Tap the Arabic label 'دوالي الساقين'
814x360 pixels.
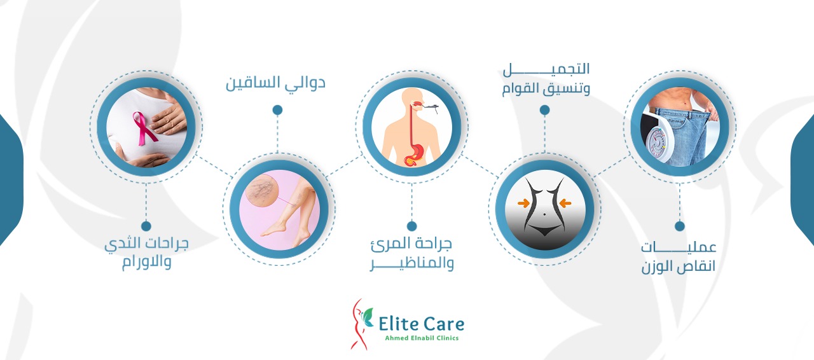(275, 83)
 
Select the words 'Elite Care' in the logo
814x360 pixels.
(421, 324)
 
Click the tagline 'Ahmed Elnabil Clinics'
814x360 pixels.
(422, 338)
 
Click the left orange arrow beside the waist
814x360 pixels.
(523, 203)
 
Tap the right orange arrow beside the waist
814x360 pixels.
(565, 203)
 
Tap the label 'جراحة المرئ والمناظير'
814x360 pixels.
(411, 253)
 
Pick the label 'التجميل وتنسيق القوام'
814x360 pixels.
(546, 80)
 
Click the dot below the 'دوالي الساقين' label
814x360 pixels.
(278, 110)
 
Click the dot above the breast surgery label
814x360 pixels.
(146, 226)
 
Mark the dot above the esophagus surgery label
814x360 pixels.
(411, 226)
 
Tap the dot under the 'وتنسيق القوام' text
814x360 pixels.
(544, 110)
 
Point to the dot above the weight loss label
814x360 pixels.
(680, 226)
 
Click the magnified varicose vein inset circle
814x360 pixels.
(262, 190)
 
